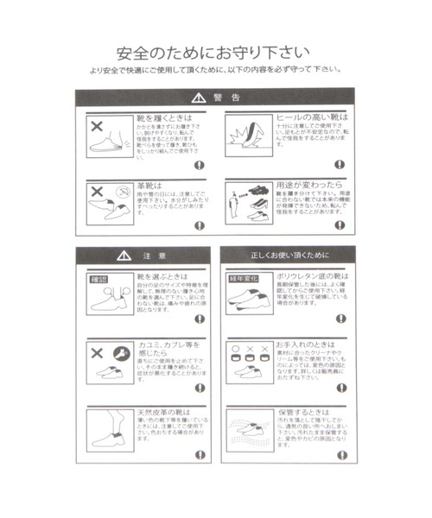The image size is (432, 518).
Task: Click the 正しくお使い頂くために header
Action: (289, 256)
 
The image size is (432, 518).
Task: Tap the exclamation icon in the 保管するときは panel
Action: (343, 455)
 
